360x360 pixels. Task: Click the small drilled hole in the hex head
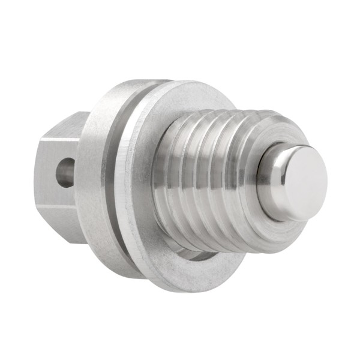point(65,172)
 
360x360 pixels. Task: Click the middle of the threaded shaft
point(216,180)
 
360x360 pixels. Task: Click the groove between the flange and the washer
point(120,180)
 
